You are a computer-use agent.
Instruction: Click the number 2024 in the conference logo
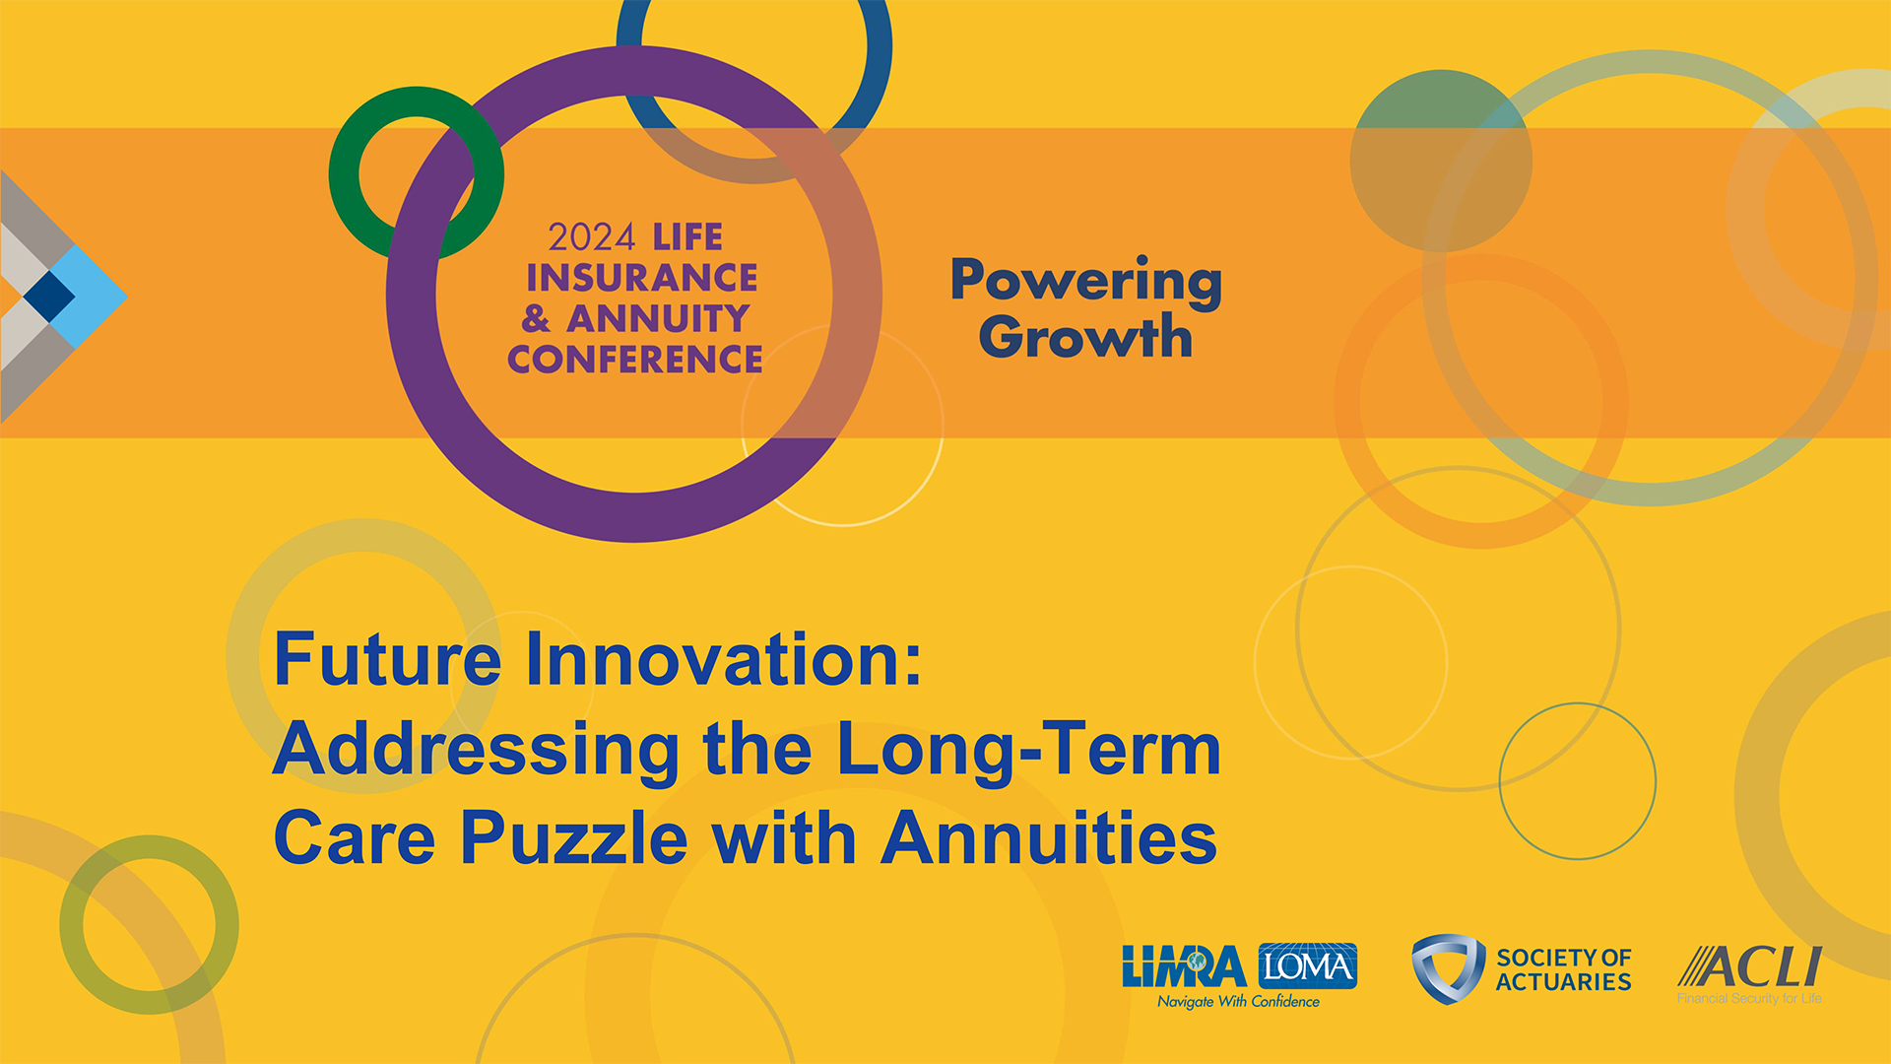pos(592,237)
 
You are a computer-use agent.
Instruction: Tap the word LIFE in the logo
pos(687,237)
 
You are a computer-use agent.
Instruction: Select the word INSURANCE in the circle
pos(642,278)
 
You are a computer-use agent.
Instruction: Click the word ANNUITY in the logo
pos(658,318)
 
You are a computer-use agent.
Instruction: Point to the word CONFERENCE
pos(635,359)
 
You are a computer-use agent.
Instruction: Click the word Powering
pos(1086,283)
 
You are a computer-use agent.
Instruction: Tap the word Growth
pos(1085,336)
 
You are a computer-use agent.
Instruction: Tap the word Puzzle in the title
pos(574,838)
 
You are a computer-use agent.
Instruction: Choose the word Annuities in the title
pos(1049,836)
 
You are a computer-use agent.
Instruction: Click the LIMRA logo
pos(1185,966)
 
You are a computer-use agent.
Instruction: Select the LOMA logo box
pos(1308,966)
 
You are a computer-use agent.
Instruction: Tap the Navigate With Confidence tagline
pos(1238,1002)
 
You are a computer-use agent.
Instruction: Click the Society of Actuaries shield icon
pos(1448,969)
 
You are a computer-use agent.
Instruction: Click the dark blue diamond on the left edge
pos(49,295)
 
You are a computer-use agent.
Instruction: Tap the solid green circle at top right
pos(1441,161)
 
